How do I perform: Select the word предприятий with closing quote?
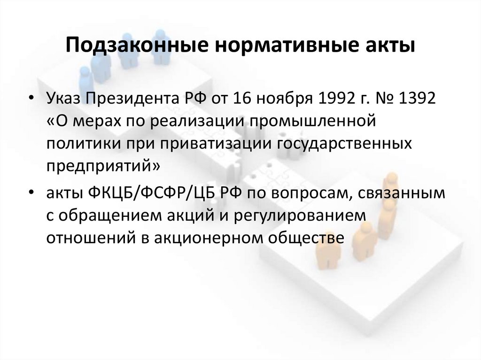pos(103,167)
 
